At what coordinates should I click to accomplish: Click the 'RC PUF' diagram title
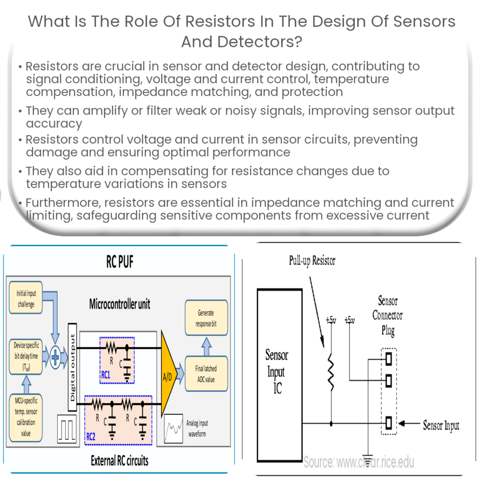pos(120,262)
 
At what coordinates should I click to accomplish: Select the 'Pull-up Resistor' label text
pos(312,261)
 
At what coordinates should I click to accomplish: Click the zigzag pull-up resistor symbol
pos(331,371)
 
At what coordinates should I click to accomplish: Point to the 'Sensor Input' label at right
pos(441,426)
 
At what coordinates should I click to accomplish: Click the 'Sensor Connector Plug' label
pos(388,315)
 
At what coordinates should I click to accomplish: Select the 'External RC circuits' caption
pos(120,460)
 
